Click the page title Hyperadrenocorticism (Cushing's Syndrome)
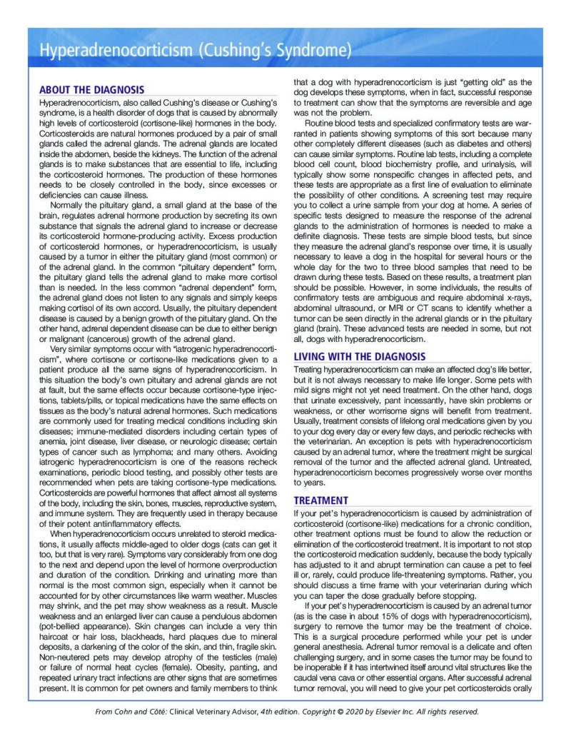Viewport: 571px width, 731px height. (196, 51)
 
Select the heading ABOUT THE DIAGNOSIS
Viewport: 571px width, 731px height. (91, 90)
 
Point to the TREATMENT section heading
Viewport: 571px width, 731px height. (321, 500)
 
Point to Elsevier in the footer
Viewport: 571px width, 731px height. (386, 712)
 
